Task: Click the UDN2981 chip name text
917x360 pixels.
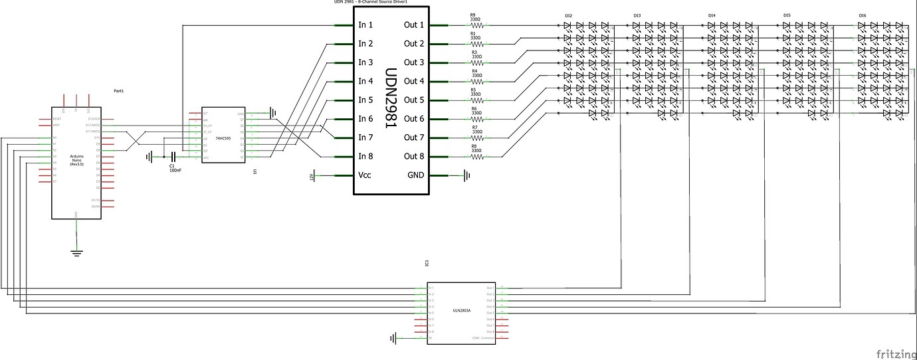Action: click(391, 100)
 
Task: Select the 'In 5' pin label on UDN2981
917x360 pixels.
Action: click(365, 100)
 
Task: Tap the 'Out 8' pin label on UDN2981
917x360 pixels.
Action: click(413, 157)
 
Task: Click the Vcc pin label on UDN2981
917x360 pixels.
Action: click(365, 175)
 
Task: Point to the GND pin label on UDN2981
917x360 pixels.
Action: click(414, 175)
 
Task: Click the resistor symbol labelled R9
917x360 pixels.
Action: click(476, 25)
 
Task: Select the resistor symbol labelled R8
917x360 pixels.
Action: click(476, 157)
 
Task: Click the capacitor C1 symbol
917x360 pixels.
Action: click(172, 157)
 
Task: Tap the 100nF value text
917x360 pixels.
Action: click(175, 171)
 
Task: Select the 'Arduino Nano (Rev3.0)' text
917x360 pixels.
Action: click(76, 159)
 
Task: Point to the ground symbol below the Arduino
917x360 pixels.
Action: click(77, 251)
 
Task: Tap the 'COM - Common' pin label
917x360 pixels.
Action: click(482, 338)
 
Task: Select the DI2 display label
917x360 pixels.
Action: click(569, 15)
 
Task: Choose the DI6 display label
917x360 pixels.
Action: click(863, 15)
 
